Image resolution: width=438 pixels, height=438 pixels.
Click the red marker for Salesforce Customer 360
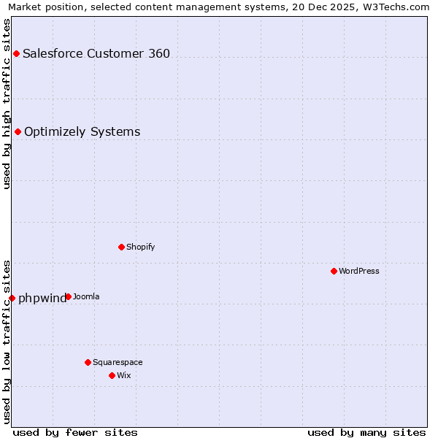tap(16, 53)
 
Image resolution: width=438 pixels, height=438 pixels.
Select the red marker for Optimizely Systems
tap(18, 131)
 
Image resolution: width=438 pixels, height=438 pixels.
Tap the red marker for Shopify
tap(121, 247)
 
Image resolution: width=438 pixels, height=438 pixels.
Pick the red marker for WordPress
tap(334, 271)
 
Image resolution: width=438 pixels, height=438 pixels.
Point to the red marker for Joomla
tap(68, 296)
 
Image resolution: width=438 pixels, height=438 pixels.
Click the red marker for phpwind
tap(12, 298)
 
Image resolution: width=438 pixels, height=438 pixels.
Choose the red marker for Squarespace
tap(88, 362)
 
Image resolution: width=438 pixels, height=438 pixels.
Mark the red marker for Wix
tap(112, 375)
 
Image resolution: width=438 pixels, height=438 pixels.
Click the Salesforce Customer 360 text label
tap(96, 53)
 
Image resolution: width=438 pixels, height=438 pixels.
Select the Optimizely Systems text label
tap(82, 131)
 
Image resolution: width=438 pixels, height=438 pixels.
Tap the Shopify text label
tap(141, 247)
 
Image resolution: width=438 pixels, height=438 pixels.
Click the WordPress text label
tap(359, 271)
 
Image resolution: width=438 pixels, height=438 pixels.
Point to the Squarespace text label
tap(118, 362)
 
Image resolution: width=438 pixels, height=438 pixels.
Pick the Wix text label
tap(124, 375)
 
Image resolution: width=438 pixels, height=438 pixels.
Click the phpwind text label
tap(42, 298)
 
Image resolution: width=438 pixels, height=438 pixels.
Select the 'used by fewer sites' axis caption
tap(75, 432)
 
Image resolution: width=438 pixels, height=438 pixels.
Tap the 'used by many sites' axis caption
tap(366, 432)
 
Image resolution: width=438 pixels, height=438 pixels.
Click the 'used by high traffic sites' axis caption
tap(7, 104)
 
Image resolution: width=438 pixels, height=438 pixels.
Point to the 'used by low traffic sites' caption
tap(7, 341)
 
